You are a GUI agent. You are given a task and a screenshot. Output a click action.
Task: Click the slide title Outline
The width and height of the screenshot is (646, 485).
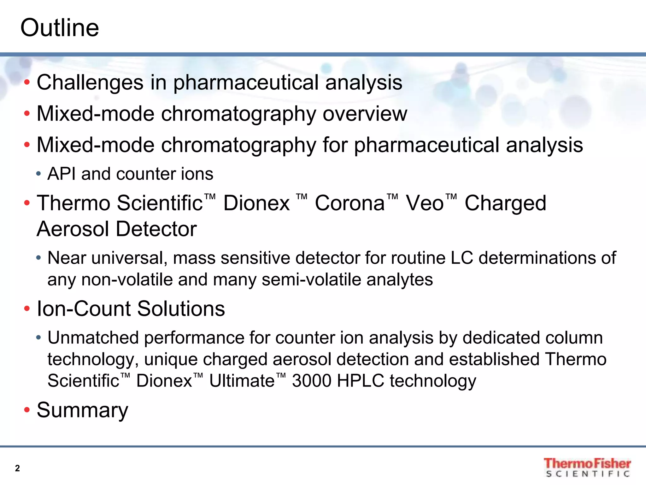pyautogui.click(x=60, y=28)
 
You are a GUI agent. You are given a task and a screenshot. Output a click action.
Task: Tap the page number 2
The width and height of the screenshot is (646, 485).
pyautogui.click(x=17, y=468)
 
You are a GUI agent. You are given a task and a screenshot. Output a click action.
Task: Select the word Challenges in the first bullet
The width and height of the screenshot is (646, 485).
pyautogui.click(x=90, y=83)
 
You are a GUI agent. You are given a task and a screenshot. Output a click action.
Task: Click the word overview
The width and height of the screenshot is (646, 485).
pyautogui.click(x=365, y=114)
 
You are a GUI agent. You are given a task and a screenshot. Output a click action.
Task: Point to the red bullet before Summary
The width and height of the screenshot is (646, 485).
pyautogui.click(x=27, y=410)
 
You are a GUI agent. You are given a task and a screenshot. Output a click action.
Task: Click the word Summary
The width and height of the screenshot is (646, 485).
pyautogui.click(x=82, y=410)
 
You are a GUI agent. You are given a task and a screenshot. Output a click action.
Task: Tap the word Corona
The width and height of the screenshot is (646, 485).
pyautogui.click(x=349, y=203)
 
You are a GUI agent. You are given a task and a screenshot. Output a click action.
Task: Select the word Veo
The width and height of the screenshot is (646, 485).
pyautogui.click(x=425, y=203)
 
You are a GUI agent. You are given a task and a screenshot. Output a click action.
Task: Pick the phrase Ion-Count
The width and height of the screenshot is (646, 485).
pyautogui.click(x=84, y=308)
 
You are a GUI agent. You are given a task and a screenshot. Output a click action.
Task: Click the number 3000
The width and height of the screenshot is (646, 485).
pyautogui.click(x=311, y=381)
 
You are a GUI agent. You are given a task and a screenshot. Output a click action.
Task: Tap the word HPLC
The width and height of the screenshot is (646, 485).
pyautogui.click(x=360, y=381)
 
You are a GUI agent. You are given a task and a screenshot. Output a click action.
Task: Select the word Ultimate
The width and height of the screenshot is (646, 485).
pyautogui.click(x=242, y=381)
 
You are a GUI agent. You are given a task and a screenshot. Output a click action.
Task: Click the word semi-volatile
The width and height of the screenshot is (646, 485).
pyautogui.click(x=311, y=280)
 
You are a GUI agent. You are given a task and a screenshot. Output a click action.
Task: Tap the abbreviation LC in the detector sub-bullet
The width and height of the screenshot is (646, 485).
pyautogui.click(x=462, y=258)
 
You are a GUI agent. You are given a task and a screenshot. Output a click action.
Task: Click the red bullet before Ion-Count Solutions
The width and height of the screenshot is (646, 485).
pyautogui.click(x=27, y=308)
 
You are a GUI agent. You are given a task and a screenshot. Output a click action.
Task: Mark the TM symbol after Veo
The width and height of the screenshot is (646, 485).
pyautogui.click(x=451, y=197)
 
